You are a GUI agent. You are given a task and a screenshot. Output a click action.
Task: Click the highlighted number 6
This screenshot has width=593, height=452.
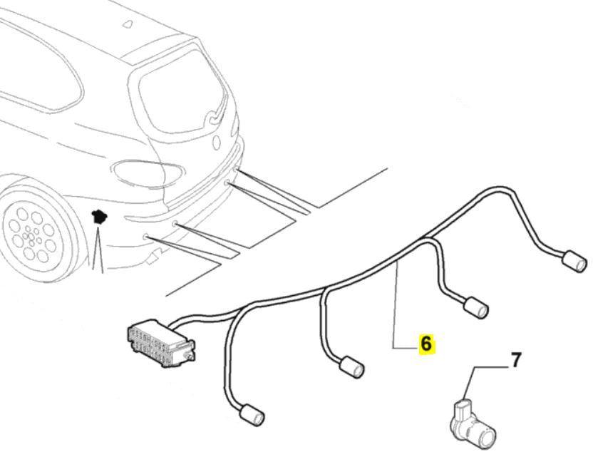(x=426, y=344)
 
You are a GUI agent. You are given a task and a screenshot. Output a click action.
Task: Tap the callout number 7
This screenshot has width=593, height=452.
(x=515, y=361)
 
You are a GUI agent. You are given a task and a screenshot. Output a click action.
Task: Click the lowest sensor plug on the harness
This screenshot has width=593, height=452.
(x=251, y=414)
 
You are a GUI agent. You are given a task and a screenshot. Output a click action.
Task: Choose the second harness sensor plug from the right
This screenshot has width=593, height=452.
(x=475, y=308)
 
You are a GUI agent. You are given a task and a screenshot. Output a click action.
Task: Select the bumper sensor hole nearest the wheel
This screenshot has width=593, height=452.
(x=144, y=235)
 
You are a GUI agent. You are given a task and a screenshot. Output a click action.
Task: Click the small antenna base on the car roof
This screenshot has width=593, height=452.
(x=128, y=24)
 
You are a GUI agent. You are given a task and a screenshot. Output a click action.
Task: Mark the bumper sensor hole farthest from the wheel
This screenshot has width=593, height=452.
(x=227, y=184)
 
